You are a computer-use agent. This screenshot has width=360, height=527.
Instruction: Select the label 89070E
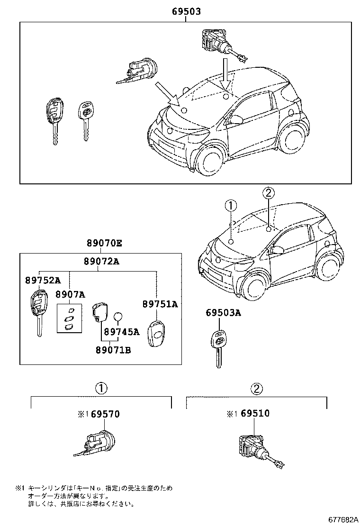(x=104, y=244)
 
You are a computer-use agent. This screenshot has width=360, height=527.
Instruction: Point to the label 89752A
(x=43, y=280)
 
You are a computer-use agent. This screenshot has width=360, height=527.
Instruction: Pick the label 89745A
(x=122, y=332)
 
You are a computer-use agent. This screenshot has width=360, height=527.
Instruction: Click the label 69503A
(x=223, y=313)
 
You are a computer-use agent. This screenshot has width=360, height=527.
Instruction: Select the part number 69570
(x=105, y=414)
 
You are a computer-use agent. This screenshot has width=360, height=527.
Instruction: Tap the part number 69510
(x=254, y=414)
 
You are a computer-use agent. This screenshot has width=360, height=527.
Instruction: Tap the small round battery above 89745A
(x=117, y=317)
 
